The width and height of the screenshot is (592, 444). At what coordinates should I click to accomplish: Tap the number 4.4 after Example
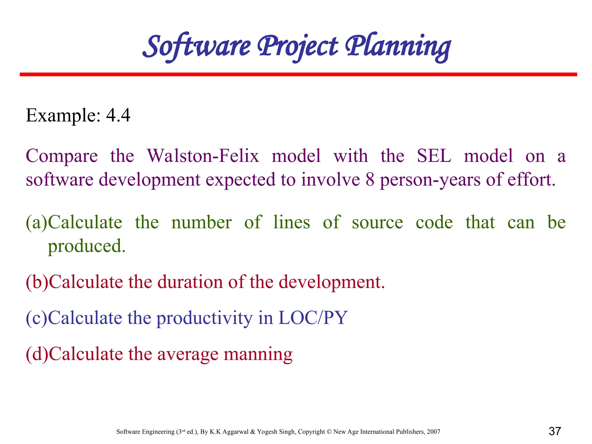click(x=118, y=115)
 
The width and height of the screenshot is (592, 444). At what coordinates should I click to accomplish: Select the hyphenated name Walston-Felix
click(x=203, y=156)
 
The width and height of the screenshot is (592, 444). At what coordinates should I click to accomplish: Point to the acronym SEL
click(x=434, y=156)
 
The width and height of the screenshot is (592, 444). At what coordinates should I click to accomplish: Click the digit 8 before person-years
click(x=370, y=180)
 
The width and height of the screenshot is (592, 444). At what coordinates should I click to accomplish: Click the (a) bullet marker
click(x=36, y=223)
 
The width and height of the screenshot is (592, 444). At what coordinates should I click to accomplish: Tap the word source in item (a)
click(x=377, y=223)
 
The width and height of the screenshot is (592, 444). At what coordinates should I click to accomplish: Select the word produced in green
click(x=86, y=246)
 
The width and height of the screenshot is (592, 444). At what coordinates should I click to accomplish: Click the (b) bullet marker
click(x=37, y=282)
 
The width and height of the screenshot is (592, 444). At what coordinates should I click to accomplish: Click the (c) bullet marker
click(x=36, y=318)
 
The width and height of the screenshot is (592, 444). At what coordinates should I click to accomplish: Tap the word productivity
click(x=204, y=318)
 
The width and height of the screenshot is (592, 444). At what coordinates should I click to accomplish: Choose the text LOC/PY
click(x=312, y=318)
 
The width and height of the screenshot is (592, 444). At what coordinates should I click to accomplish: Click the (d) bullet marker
click(x=37, y=354)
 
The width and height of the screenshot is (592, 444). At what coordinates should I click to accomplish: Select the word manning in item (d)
click(x=258, y=354)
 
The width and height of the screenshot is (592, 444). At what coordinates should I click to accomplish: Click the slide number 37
click(x=555, y=431)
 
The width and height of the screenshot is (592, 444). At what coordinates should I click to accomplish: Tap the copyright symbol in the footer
click(x=329, y=432)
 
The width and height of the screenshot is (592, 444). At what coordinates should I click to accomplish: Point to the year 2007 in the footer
click(x=433, y=432)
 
